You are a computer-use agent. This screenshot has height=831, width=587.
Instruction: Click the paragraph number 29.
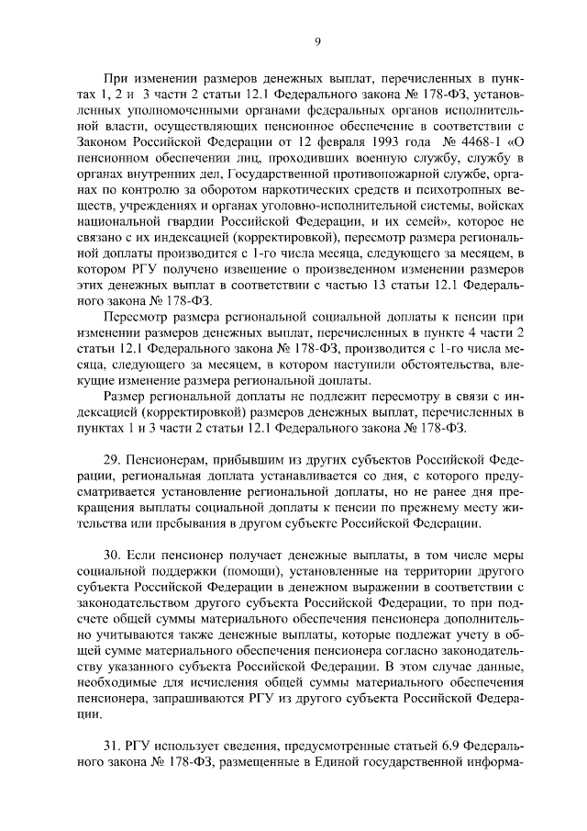tap(113, 457)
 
